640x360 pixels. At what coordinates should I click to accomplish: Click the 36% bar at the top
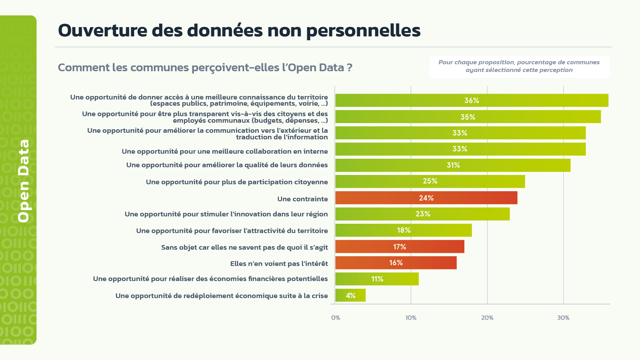pyautogui.click(x=471, y=100)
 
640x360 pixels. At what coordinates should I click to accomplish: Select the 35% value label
pyautogui.click(x=468, y=117)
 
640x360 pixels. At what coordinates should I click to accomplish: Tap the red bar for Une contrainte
pyautogui.click(x=426, y=198)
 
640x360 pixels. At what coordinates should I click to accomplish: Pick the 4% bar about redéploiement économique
pyautogui.click(x=350, y=295)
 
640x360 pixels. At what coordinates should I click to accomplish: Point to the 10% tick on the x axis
pyautogui.click(x=411, y=318)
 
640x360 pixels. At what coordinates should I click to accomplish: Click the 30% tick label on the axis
pyautogui.click(x=563, y=318)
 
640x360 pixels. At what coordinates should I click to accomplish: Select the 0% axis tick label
pyautogui.click(x=335, y=318)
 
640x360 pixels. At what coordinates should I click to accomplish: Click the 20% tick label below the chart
pyautogui.click(x=487, y=318)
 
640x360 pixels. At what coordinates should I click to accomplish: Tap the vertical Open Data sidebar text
pyautogui.click(x=24, y=181)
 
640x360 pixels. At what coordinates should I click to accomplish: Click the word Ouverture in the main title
pyautogui.click(x=103, y=30)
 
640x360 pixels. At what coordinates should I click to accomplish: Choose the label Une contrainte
pyautogui.click(x=302, y=199)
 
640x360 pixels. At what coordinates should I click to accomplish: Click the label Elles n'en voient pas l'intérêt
pyautogui.click(x=279, y=264)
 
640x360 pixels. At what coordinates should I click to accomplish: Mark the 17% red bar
pyautogui.click(x=399, y=247)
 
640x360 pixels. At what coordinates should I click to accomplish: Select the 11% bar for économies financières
pyautogui.click(x=377, y=279)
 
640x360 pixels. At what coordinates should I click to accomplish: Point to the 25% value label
pyautogui.click(x=430, y=181)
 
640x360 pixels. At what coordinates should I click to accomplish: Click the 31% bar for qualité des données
pyautogui.click(x=453, y=165)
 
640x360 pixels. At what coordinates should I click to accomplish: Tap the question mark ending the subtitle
pyautogui.click(x=349, y=68)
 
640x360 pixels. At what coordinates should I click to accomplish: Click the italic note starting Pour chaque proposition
pyautogui.click(x=519, y=66)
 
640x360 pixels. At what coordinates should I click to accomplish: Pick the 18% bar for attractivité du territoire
pyautogui.click(x=403, y=230)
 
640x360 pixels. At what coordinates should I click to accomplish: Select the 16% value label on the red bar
pyautogui.click(x=396, y=263)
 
